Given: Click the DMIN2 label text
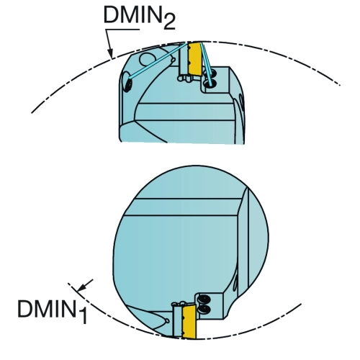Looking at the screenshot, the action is pyautogui.click(x=139, y=17).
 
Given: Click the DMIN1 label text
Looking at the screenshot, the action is pyautogui.click(x=53, y=311).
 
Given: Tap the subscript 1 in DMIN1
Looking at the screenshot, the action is pyautogui.click(x=83, y=316).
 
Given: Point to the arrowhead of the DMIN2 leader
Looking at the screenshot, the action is pyautogui.click(x=110, y=54).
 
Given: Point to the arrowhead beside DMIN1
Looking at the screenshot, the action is pyautogui.click(x=81, y=287).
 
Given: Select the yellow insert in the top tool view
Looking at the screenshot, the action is pyautogui.click(x=194, y=58).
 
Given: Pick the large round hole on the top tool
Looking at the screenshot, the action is pyautogui.click(x=148, y=60).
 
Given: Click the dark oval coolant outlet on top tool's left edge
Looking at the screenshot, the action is pyautogui.click(x=128, y=85).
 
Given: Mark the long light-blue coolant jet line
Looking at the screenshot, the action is pyautogui.click(x=157, y=60).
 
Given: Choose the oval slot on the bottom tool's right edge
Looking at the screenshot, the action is pyautogui.click(x=235, y=284).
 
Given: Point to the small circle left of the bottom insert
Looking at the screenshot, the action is pyautogui.click(x=167, y=321).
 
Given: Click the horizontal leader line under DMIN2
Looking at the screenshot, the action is pyautogui.click(x=123, y=30).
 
